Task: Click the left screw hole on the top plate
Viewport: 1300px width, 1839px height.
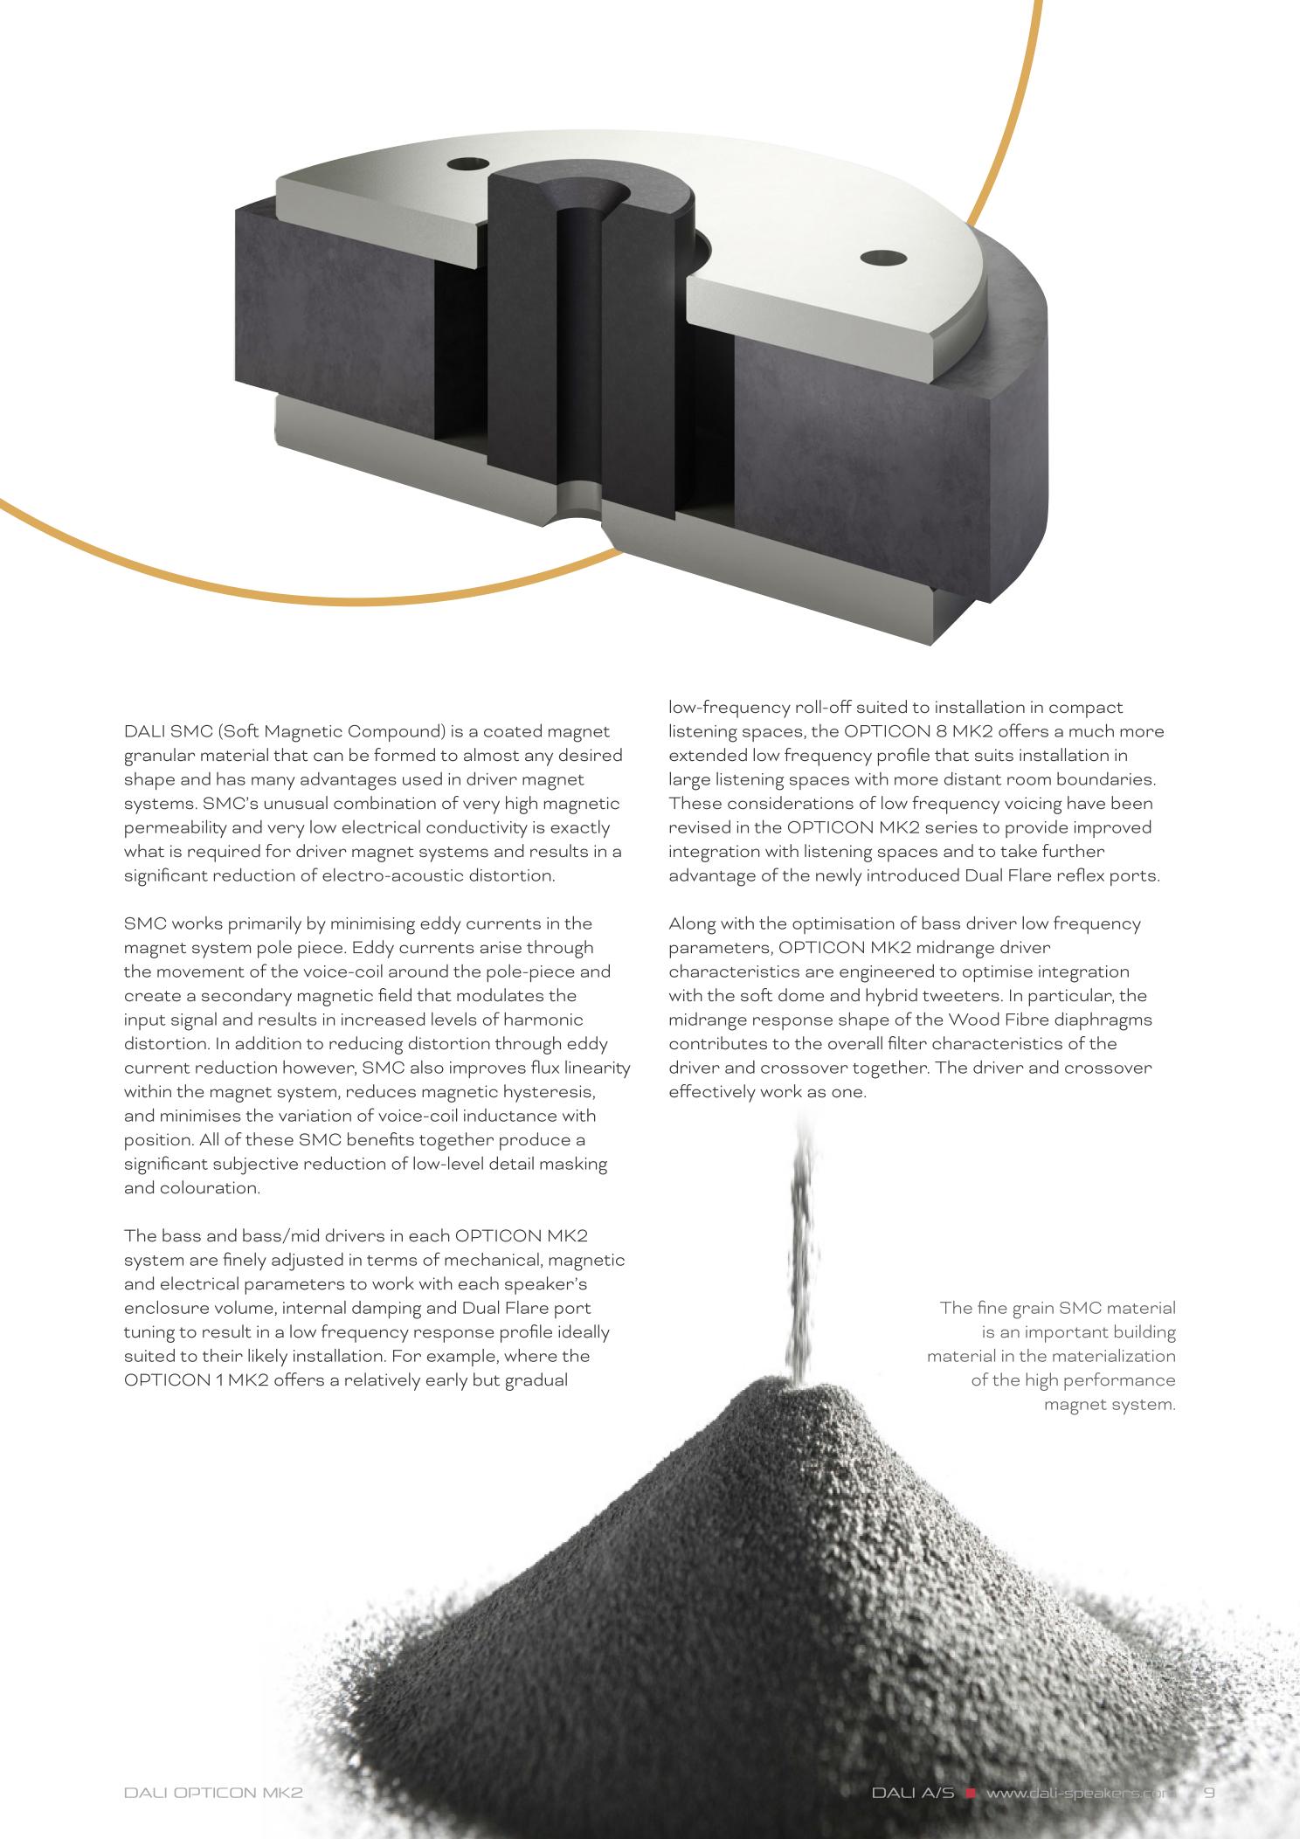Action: point(465,163)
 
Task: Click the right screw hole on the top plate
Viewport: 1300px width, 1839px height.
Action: point(884,258)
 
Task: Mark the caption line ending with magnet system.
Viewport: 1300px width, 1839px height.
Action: point(1110,1405)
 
